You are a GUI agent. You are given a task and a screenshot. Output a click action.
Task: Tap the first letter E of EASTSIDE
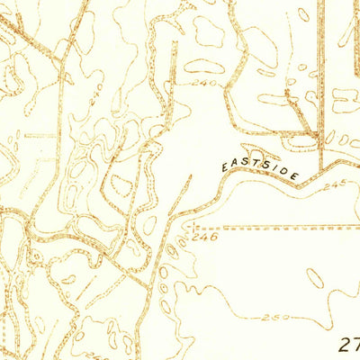pyautogui.click(x=224, y=167)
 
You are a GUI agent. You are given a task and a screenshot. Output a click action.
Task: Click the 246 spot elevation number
pyautogui.click(x=206, y=238)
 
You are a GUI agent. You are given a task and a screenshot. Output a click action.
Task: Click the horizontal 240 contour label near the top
pyautogui.click(x=205, y=82)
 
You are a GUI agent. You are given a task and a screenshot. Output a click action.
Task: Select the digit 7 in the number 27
pyautogui.click(x=355, y=344)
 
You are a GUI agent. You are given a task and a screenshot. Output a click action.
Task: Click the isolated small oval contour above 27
pyautogui.click(x=315, y=278)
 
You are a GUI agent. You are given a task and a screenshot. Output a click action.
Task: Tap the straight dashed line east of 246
pyautogui.click(x=288, y=228)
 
